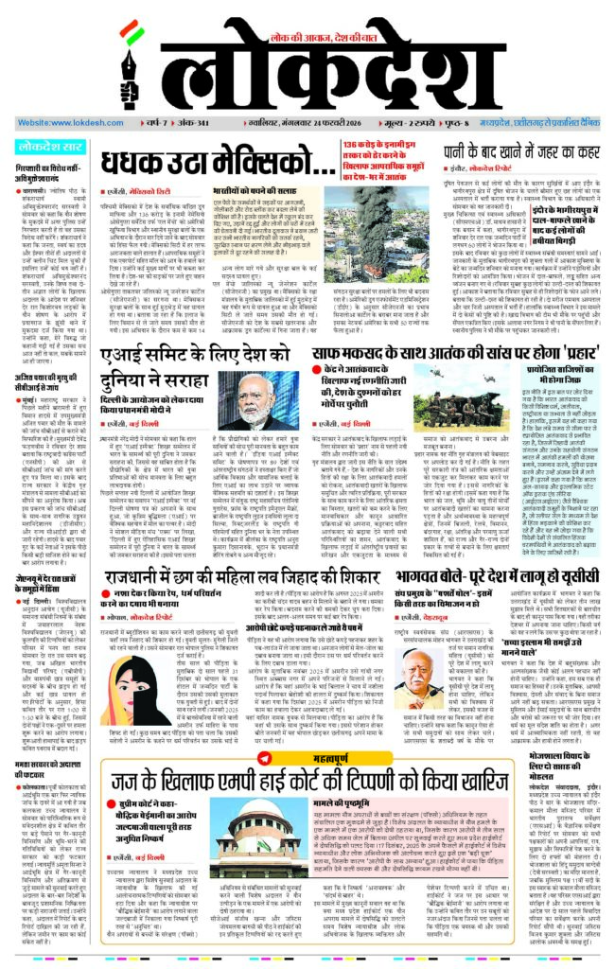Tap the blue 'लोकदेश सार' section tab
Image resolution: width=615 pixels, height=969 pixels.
coord(49,147)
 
